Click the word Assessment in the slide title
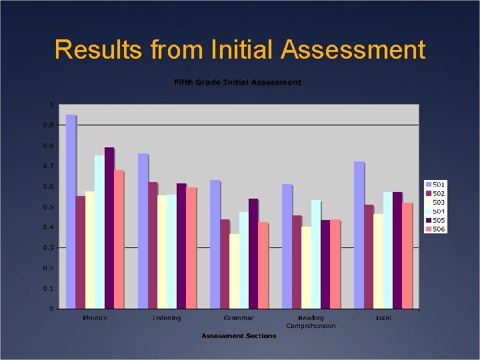click(x=353, y=50)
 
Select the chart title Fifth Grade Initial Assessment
click(x=237, y=83)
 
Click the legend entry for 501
click(x=435, y=184)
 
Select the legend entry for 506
click(x=435, y=229)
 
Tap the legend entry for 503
click(x=435, y=202)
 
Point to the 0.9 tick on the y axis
click(x=49, y=125)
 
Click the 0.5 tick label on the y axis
click(x=49, y=207)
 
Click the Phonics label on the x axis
click(x=95, y=318)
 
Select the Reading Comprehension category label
click(x=311, y=322)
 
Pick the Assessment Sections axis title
click(x=239, y=335)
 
